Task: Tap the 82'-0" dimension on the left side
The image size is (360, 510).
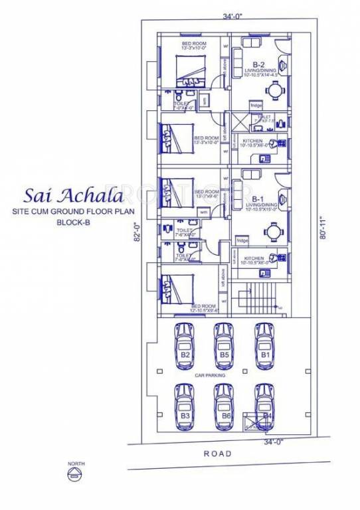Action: point(137,236)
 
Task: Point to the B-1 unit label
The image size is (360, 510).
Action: point(258,199)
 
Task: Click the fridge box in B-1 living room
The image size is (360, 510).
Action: point(242,240)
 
